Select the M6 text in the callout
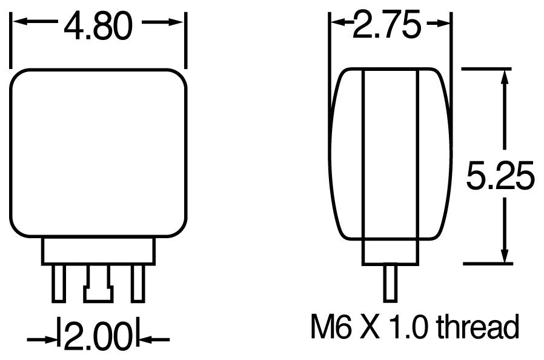[x=329, y=328]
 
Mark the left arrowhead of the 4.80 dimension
[x=18, y=22]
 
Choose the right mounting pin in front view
[x=138, y=282]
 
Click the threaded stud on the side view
[x=390, y=282]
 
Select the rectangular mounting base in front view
[x=99, y=250]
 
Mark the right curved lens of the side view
[x=435, y=155]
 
